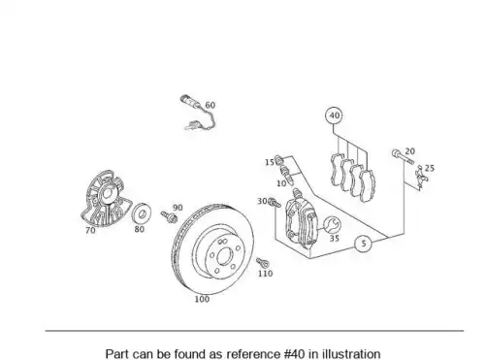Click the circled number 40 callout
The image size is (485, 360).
[334, 115]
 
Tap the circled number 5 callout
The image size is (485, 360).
[364, 244]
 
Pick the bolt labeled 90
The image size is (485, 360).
[169, 216]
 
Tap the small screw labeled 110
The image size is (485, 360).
[262, 263]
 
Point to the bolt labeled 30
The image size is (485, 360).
[275, 203]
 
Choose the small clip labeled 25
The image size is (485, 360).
[420, 178]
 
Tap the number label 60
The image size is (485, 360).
[210, 105]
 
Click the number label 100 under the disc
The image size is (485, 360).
[202, 299]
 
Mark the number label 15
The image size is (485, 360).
[270, 162]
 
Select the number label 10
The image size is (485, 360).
[281, 183]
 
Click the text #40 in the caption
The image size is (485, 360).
[295, 354]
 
